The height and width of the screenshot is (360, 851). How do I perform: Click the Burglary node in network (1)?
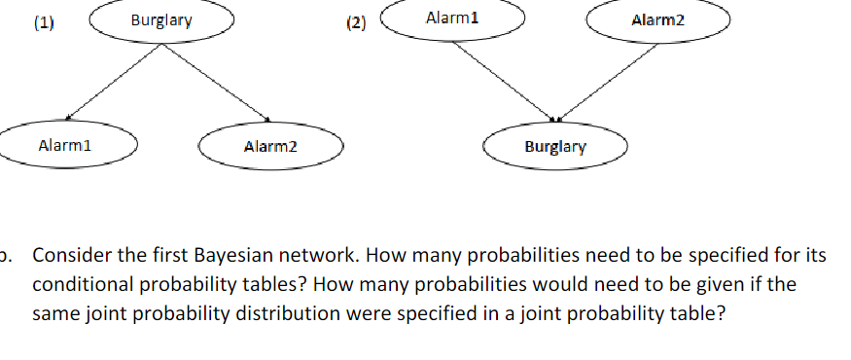coord(161,20)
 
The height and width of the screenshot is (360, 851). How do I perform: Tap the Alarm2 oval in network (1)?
coord(271,147)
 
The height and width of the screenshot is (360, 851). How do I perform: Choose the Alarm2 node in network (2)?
coord(657,20)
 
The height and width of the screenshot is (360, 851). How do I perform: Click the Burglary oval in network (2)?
coord(555,148)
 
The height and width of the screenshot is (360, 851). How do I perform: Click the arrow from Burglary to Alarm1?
coord(108,86)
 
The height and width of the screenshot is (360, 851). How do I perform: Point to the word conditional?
coord(79,286)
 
